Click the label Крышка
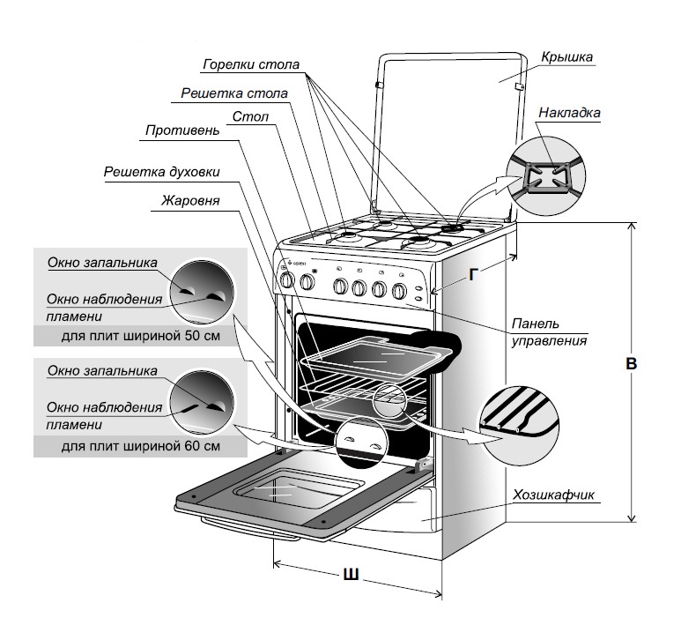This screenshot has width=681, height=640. [567, 58]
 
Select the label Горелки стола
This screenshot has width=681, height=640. [251, 65]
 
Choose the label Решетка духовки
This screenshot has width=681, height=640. [161, 171]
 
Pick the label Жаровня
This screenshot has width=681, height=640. [190, 200]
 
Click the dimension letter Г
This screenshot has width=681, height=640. [475, 275]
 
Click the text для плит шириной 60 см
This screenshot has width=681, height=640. [140, 446]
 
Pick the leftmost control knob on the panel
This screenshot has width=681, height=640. [285, 280]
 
